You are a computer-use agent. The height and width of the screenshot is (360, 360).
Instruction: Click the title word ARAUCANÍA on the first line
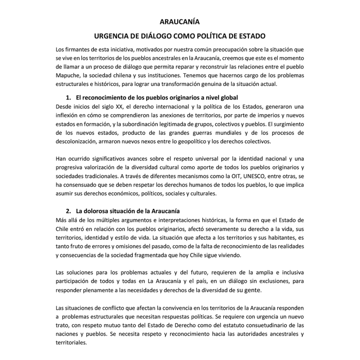tap(180, 22)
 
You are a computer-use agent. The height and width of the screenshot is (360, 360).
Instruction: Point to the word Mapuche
tap(67, 75)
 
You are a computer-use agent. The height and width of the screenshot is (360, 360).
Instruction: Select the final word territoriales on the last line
tap(71, 343)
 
